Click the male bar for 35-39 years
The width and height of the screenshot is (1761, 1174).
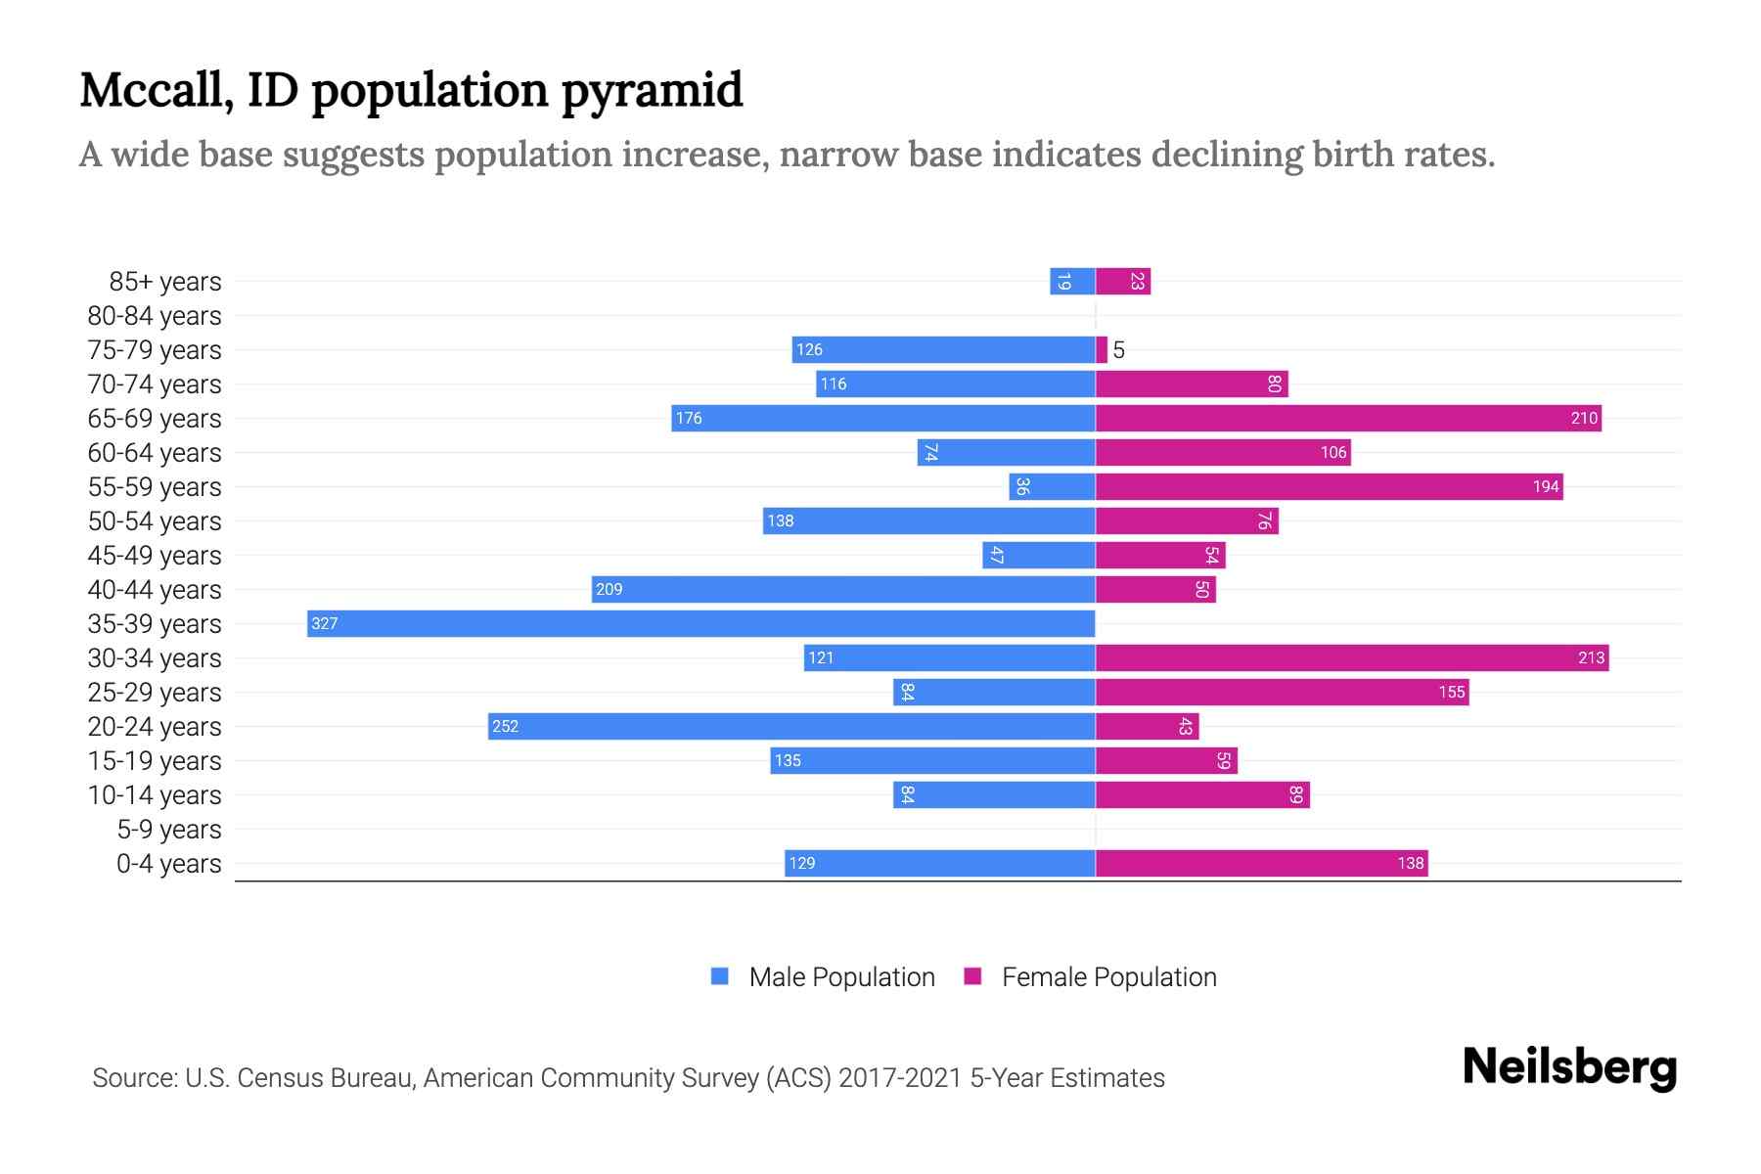coord(700,623)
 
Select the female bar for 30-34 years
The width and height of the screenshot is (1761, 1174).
coord(1350,657)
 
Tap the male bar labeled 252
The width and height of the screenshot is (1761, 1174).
coord(790,726)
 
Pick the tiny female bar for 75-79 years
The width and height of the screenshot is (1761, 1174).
coord(1102,349)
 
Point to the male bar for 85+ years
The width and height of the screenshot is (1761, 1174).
coord(1072,282)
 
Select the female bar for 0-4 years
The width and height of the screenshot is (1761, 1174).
coord(1260,863)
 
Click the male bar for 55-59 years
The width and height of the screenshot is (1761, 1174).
coord(1052,486)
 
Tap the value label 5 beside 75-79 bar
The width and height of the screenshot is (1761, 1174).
coord(1119,350)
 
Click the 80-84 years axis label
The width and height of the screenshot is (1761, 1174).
coord(155,316)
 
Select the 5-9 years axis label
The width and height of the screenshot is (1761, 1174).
coord(168,830)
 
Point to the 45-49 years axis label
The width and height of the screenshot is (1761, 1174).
coord(155,556)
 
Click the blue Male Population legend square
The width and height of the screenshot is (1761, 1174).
coord(720,976)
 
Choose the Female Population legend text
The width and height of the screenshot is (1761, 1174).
coord(1108,977)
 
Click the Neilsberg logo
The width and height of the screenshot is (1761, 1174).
coord(1569,1067)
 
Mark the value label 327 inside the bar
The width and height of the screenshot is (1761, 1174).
coord(324,623)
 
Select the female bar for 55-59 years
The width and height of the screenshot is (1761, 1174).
coord(1328,486)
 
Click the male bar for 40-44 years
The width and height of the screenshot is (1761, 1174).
coord(842,589)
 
